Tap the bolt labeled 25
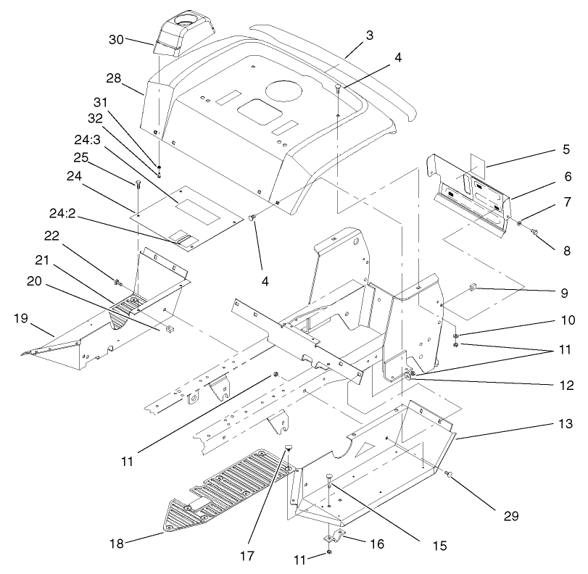pyautogui.click(x=136, y=185)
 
